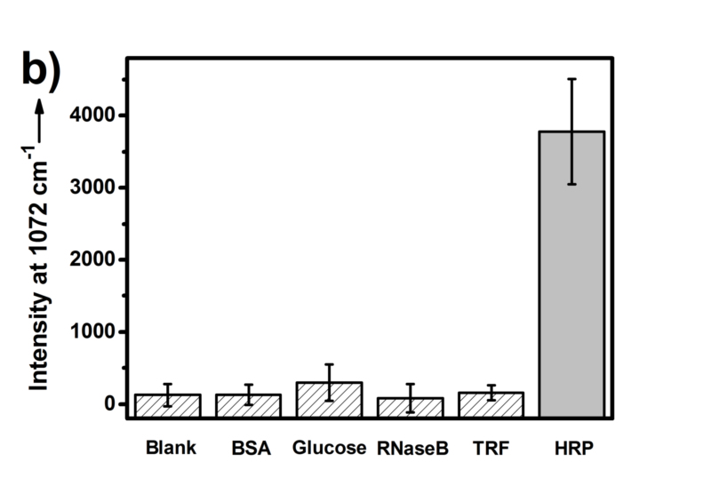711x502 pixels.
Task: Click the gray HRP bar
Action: click(x=571, y=275)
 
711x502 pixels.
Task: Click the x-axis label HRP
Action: click(x=571, y=448)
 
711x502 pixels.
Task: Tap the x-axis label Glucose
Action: click(x=329, y=448)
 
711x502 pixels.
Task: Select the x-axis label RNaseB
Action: click(x=410, y=448)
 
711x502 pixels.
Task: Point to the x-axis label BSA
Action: click(x=248, y=448)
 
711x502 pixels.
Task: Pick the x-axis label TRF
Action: click(x=491, y=448)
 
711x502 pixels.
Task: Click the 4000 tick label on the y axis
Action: click(x=92, y=116)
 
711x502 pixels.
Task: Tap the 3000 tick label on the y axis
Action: click(x=92, y=187)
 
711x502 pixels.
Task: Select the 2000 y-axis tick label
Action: click(x=92, y=259)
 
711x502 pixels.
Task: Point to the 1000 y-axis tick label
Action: click(x=92, y=331)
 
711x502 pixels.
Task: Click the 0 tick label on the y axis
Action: click(x=108, y=404)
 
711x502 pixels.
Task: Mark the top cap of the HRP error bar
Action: click(x=571, y=79)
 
